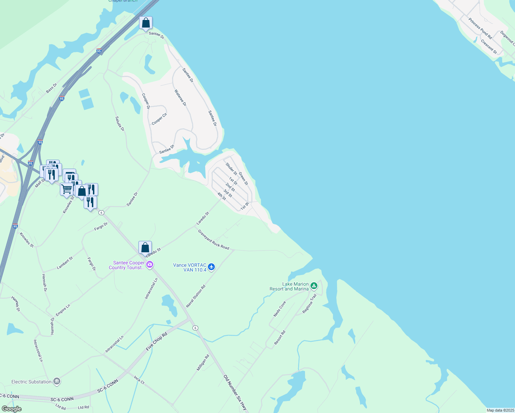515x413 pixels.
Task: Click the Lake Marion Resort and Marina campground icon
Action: pos(314,286)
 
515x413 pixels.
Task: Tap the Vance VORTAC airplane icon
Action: pos(211,267)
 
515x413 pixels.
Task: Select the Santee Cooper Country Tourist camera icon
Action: pos(150,265)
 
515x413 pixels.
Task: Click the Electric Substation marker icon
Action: pos(57,381)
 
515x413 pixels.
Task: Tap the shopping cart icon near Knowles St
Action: pos(66,189)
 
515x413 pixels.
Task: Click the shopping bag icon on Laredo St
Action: pos(145,247)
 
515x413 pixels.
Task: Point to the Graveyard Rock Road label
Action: pos(213,240)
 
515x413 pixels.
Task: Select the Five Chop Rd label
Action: pos(157,341)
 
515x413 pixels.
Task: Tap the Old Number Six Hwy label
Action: pos(235,393)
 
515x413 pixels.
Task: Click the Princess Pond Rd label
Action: pos(480,28)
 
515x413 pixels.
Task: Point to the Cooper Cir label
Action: pos(159,119)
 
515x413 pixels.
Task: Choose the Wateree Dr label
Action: pos(180,98)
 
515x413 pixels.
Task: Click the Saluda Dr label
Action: pos(120,124)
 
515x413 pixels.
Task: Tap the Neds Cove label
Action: pos(280,309)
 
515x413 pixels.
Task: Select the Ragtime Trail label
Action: pos(309,304)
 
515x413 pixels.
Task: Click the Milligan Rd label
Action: pos(203,363)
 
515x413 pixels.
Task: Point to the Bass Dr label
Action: pos(52,88)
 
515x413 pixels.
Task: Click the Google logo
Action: pos(11,409)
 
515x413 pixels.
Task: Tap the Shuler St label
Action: pos(231,169)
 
